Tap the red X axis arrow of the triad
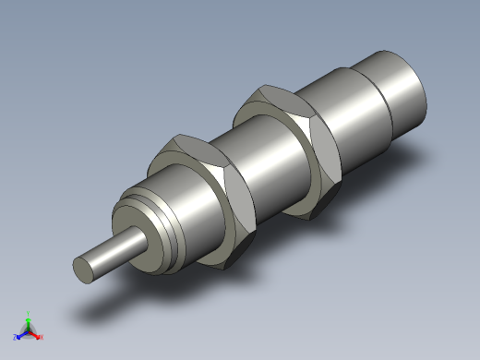coord(35,333)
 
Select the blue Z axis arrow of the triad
coord(21,333)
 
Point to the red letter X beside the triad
coord(41,337)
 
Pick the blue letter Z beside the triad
coord(16,337)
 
